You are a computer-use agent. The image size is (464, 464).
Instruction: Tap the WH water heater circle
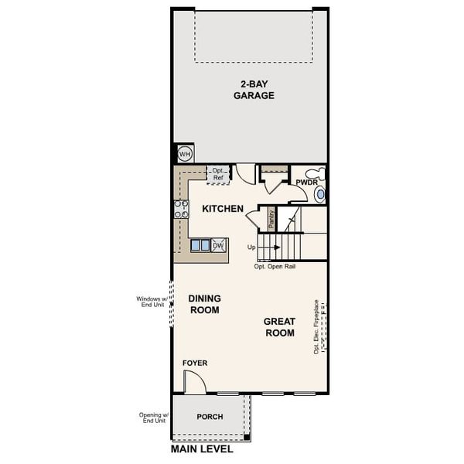[x=184, y=154]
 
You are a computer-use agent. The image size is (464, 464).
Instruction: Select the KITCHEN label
[x=223, y=209]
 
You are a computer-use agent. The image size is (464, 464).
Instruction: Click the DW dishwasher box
[x=218, y=245]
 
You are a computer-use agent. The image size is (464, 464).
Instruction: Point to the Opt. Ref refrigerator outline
[x=218, y=175]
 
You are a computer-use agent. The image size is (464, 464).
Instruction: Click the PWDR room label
[x=305, y=183]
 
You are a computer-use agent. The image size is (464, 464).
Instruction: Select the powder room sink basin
[x=320, y=194]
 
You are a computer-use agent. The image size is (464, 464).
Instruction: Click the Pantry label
[x=271, y=217]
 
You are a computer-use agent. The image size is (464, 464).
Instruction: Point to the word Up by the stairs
[x=251, y=247]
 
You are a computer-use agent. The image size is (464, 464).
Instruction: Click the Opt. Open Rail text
[x=275, y=266]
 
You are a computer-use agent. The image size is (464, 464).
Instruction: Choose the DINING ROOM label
[x=205, y=304]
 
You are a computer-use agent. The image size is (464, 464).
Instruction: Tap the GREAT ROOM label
[x=279, y=327]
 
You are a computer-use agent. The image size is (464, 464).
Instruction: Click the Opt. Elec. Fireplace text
[x=316, y=326]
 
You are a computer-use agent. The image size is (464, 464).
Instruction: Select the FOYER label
[x=194, y=363]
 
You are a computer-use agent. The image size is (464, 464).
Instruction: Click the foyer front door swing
[x=193, y=381]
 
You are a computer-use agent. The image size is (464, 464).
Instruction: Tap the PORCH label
[x=210, y=417]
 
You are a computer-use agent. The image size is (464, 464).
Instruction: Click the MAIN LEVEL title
[x=203, y=449]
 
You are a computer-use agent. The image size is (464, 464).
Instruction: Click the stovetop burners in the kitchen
[x=181, y=208]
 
